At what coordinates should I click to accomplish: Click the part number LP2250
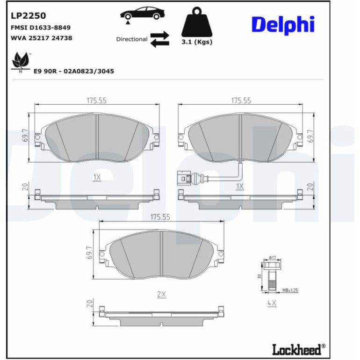pos(28,16)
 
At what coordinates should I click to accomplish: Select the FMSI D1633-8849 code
pos(41,28)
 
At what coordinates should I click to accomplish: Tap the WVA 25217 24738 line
pos(41,38)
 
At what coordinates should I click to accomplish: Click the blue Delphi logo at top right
pos(283,25)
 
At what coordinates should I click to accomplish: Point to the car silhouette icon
pos(142,14)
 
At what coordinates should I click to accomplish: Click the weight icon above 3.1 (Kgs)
pos(197,22)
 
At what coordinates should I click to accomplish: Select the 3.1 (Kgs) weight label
pos(197,42)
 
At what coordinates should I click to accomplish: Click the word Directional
pos(132,39)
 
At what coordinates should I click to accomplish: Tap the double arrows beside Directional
pos(160,39)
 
